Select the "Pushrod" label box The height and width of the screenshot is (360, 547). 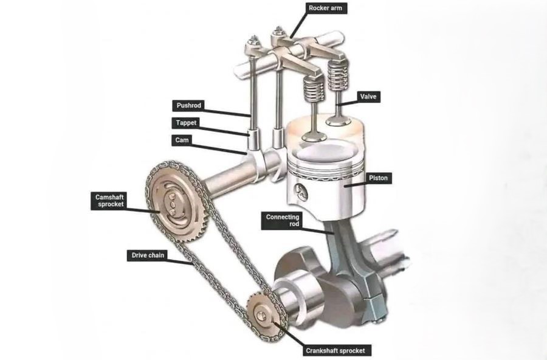click(188, 105)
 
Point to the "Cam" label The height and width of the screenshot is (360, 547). click(181, 140)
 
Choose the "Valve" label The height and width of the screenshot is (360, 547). click(366, 96)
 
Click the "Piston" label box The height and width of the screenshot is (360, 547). click(379, 178)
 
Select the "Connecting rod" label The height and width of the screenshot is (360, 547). click(282, 220)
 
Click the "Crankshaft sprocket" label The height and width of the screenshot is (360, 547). click(336, 350)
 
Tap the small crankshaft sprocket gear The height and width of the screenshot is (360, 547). click(263, 314)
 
